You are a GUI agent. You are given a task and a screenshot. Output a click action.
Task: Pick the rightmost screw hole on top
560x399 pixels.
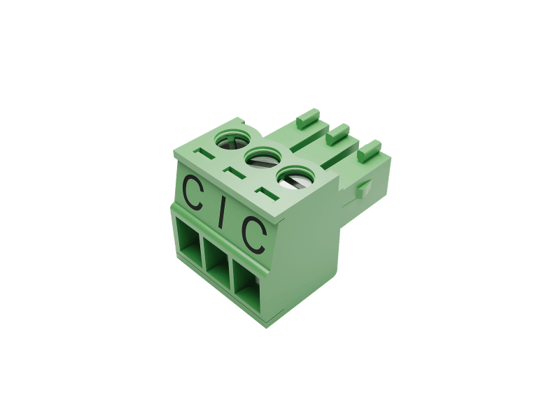(x=295, y=177)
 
